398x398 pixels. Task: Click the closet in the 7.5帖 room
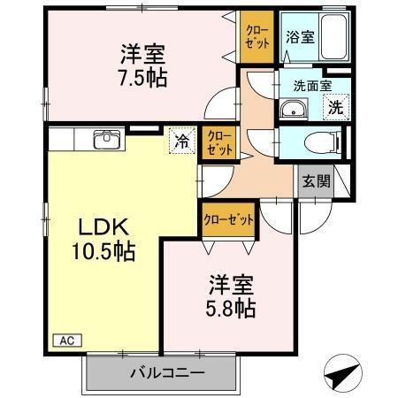click(x=259, y=37)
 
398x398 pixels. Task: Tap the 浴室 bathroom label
click(x=299, y=37)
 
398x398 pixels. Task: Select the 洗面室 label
click(x=311, y=87)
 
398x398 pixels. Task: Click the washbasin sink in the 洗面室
click(x=294, y=111)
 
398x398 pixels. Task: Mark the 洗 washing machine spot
click(x=336, y=107)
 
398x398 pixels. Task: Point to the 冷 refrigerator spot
click(x=180, y=139)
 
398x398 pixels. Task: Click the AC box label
click(x=67, y=339)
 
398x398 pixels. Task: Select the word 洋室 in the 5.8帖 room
click(x=233, y=286)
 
